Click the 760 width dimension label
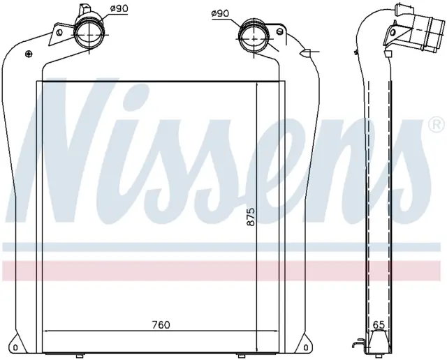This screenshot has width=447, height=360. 161,324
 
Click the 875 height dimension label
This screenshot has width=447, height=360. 251,217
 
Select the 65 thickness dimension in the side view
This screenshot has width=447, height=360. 379,324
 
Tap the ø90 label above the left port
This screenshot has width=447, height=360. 119,8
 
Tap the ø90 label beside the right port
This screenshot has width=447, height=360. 221,13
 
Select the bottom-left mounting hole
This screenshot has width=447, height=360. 15,347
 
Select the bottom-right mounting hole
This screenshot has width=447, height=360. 306,347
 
